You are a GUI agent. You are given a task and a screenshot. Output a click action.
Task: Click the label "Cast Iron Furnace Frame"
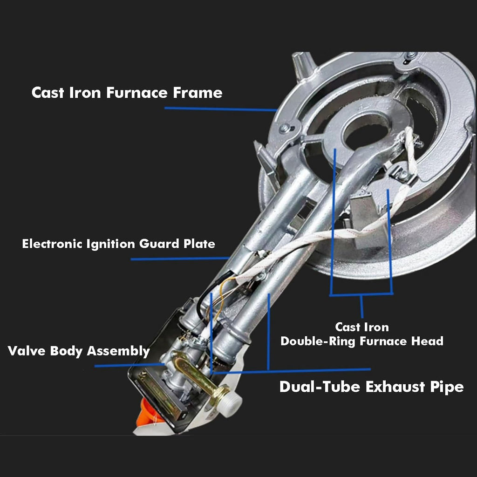(x=127, y=93)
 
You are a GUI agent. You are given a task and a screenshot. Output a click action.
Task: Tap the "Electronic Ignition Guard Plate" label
(x=119, y=244)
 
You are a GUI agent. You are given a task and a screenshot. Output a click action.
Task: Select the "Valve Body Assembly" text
(x=79, y=351)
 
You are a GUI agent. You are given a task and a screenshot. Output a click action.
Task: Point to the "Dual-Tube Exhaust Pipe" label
(x=371, y=387)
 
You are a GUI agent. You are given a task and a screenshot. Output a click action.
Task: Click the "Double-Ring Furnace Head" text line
(x=361, y=341)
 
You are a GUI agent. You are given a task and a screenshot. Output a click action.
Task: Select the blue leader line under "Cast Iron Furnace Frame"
(x=220, y=109)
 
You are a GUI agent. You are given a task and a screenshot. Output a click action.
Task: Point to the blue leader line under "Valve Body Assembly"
(x=129, y=365)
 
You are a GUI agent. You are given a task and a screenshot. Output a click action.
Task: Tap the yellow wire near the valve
(x=223, y=297)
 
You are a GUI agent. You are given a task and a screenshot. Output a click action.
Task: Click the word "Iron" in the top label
(x=85, y=93)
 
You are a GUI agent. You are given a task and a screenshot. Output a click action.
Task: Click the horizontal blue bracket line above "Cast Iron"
(x=361, y=294)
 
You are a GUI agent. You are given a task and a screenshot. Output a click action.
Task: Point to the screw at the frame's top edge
(x=411, y=55)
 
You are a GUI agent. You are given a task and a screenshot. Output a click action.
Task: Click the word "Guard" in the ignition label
(x=159, y=244)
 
